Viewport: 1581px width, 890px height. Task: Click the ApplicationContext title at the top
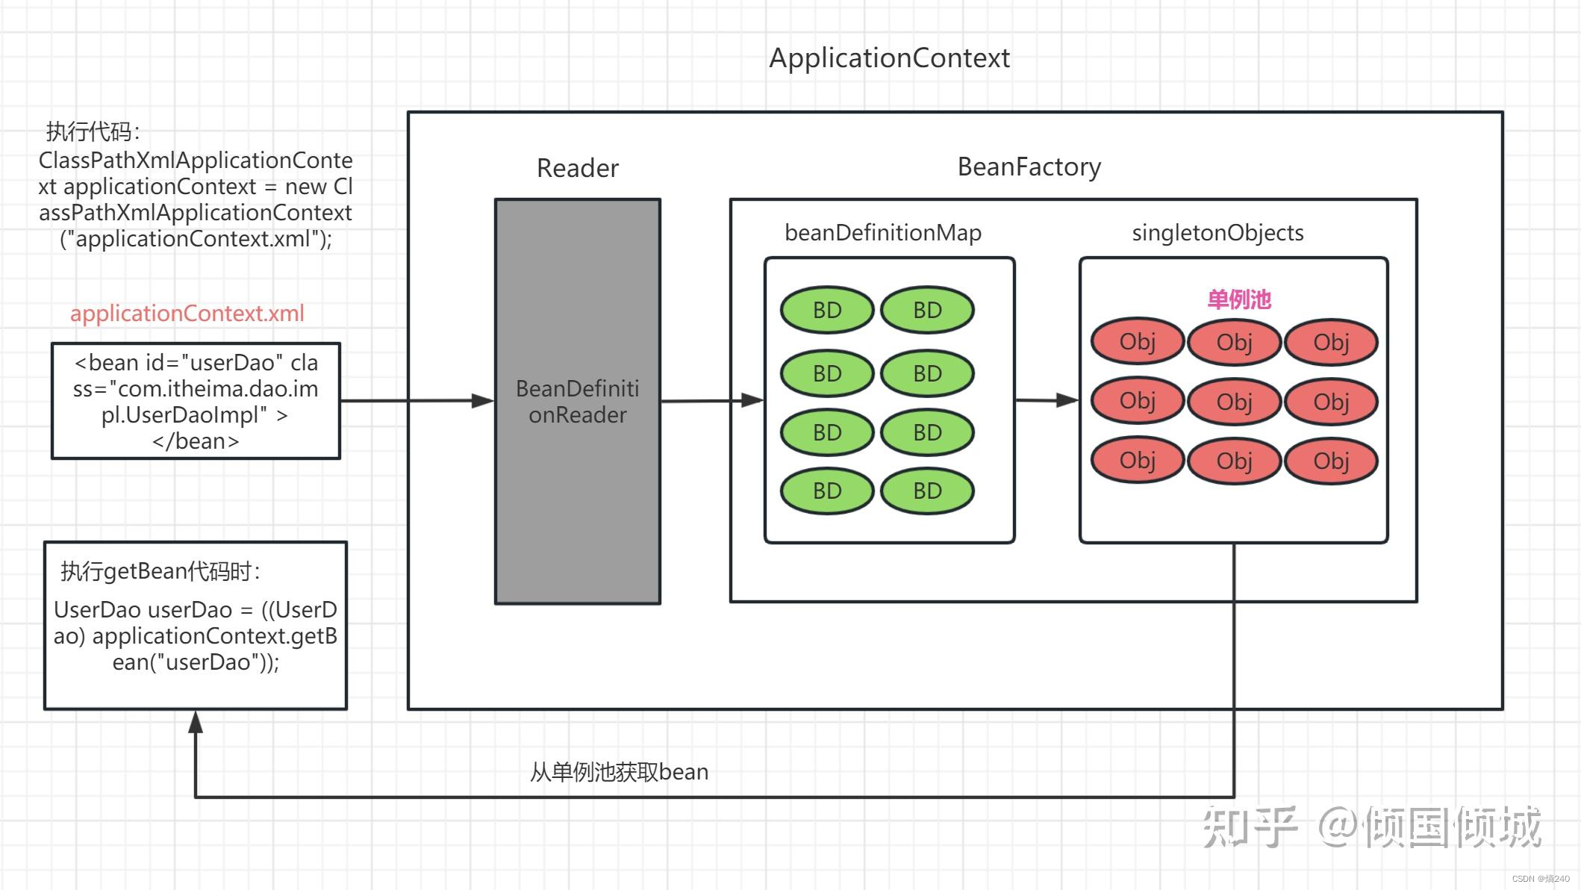tap(889, 58)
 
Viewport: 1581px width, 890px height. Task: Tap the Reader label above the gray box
tap(577, 168)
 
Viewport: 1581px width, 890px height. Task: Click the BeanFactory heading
tap(1029, 167)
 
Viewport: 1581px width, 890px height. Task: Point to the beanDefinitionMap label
tap(882, 232)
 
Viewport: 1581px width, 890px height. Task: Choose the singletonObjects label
tap(1217, 232)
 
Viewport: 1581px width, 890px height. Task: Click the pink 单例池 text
tap(1239, 299)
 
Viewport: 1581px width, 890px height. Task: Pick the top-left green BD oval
tap(827, 310)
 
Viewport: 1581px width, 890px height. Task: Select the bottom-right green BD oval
tap(927, 491)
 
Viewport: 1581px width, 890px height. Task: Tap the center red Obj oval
tap(1234, 402)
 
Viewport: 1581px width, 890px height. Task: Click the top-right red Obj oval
tap(1331, 342)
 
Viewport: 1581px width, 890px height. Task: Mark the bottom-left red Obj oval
tap(1137, 461)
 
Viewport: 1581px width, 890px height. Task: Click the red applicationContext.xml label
tap(187, 313)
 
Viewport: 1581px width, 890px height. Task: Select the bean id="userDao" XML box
tap(196, 401)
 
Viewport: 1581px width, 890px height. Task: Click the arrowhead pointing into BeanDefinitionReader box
tap(483, 401)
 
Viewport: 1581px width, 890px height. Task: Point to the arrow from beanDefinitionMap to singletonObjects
tap(1046, 400)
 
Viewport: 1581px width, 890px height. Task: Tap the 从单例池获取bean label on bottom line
tap(619, 771)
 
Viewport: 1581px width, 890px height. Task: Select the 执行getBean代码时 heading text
tap(160, 571)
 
